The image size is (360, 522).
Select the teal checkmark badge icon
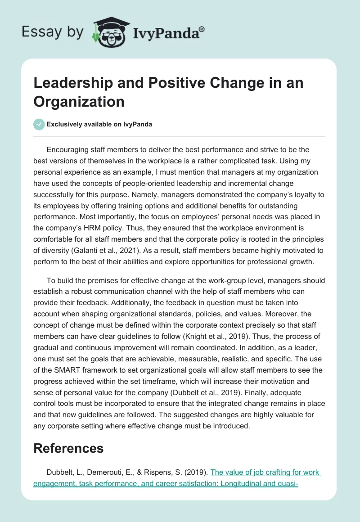coord(39,124)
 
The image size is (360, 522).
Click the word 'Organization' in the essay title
coord(79,102)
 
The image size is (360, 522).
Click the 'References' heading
coord(68,448)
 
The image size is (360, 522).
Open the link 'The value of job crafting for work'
coord(265,472)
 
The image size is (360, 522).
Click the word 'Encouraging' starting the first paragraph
coord(69,149)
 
